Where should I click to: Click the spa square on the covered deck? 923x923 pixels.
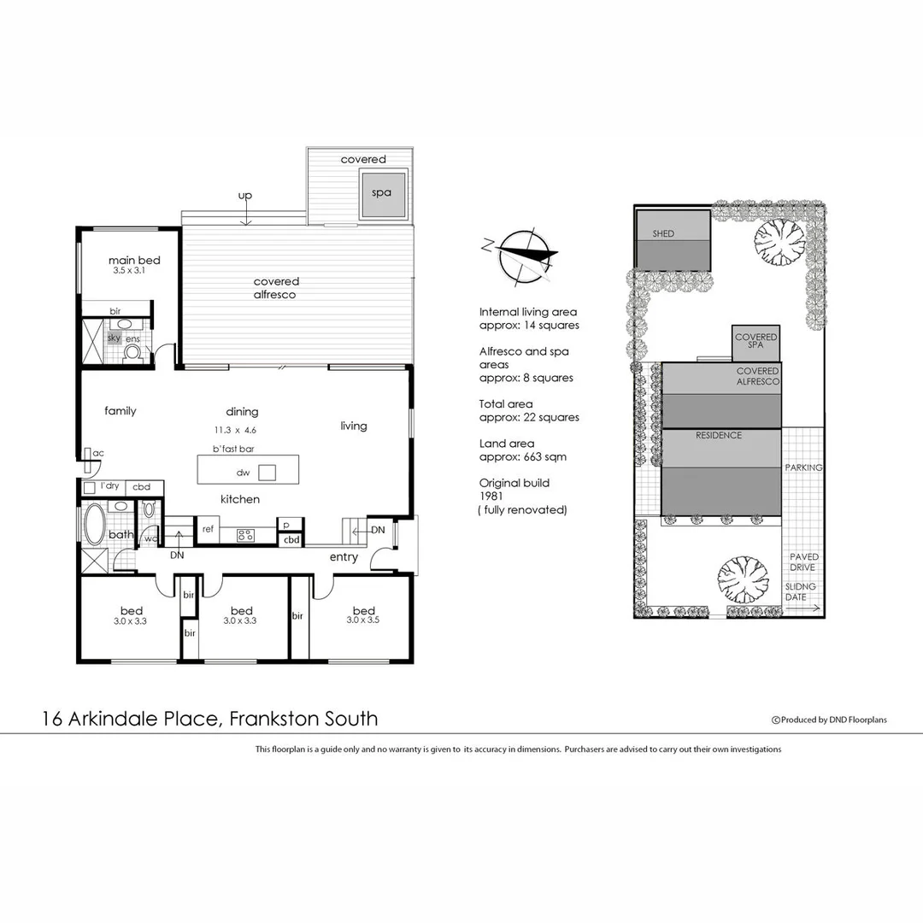(x=381, y=192)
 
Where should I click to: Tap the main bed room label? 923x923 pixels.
(x=134, y=261)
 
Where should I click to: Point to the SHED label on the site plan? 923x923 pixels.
(x=663, y=233)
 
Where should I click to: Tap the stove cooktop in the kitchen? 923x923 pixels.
(x=244, y=536)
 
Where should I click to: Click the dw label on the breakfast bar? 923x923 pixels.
(x=243, y=472)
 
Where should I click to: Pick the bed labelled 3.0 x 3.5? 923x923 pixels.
(x=363, y=615)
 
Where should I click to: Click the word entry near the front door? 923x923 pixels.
(x=343, y=558)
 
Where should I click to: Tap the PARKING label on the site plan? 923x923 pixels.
(x=803, y=467)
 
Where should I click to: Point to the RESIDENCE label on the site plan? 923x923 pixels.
(x=719, y=435)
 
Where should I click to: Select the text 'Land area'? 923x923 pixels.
(x=507, y=444)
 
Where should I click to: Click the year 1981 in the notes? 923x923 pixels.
(x=491, y=496)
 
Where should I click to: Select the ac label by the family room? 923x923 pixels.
(x=98, y=453)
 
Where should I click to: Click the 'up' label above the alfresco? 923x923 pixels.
(x=245, y=196)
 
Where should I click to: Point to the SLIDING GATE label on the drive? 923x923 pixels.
(x=801, y=592)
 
